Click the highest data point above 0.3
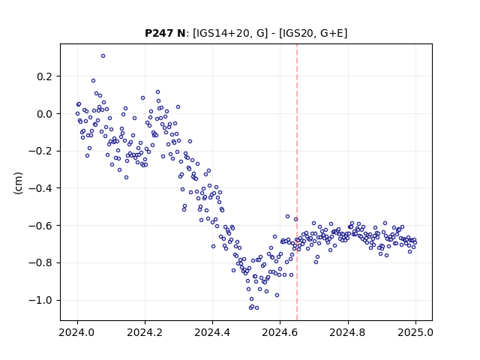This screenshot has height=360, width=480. point(103,56)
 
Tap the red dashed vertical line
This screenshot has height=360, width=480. point(297,182)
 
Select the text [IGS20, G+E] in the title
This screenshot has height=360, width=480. point(313,33)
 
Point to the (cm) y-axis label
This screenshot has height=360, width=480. point(18,183)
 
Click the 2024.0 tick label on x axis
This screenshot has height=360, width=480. point(77,332)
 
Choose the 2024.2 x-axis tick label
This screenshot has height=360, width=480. point(145,332)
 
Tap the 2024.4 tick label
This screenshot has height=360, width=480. point(212,332)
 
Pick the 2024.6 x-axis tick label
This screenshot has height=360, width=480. point(280,332)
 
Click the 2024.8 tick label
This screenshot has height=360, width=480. point(347,332)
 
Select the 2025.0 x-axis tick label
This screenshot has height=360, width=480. point(415,332)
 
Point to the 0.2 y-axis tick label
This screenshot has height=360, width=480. point(44,76)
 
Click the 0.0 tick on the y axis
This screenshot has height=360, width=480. point(44,114)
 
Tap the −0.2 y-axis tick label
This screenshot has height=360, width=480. point(40,151)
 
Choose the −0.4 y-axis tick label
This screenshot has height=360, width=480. point(40,188)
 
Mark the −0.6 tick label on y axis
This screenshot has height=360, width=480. point(40,226)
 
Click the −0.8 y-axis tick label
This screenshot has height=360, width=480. point(40,263)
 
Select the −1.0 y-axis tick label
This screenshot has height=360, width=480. point(40,300)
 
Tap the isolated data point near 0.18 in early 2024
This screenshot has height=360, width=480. point(93,81)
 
